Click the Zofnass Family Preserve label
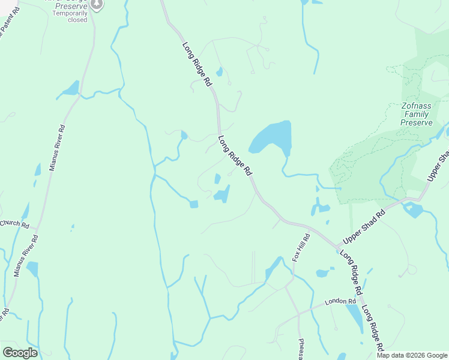coord(416,114)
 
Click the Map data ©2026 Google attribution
coord(412,355)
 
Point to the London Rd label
coord(336,302)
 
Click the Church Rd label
coord(14,224)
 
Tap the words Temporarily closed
coord(70,16)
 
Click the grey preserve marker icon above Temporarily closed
coord(97,4)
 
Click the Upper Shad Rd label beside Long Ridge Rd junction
coord(363,227)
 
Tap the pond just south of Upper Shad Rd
coord(413,209)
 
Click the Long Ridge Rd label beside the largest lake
coord(235,155)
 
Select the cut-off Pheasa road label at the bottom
coord(301,349)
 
